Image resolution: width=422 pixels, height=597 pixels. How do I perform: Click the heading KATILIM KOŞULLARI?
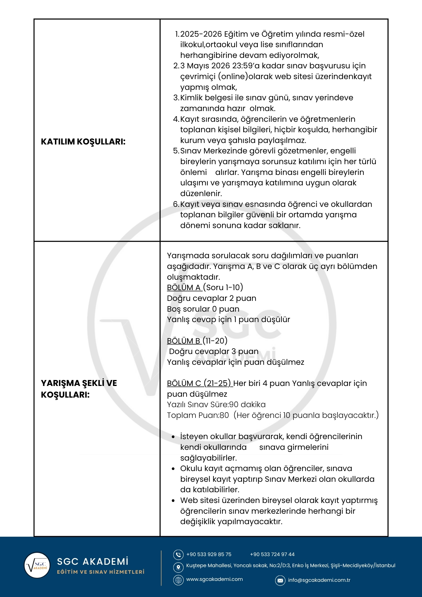83,141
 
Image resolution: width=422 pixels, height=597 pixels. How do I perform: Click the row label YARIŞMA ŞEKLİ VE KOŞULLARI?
79,389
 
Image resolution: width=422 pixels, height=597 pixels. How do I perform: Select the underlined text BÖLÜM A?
184,287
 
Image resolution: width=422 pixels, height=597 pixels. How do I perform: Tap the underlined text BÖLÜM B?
184,341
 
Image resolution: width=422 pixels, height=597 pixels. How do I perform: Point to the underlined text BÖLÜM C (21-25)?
199,383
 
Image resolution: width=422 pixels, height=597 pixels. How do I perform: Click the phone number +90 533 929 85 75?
209,554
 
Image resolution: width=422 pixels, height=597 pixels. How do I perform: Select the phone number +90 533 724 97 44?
272,554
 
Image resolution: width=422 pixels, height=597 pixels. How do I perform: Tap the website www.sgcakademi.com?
214,579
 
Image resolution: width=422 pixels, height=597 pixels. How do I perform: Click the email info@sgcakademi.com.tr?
319,580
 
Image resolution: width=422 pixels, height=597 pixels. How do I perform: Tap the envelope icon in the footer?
280,580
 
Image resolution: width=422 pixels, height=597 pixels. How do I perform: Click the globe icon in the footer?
178,580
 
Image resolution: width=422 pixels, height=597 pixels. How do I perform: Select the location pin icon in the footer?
178,567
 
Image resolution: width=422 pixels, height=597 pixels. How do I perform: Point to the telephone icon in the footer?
178,555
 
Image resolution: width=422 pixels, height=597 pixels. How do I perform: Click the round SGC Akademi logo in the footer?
37,565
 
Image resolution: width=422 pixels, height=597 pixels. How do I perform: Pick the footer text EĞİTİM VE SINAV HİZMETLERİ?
101,572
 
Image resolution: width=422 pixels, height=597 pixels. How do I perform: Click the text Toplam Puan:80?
198,415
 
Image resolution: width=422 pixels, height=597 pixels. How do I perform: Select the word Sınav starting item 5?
191,151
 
